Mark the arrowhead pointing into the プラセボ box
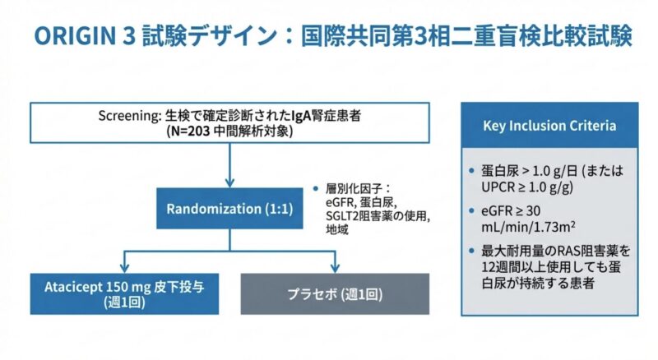click(336, 267)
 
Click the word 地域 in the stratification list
click(336, 231)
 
